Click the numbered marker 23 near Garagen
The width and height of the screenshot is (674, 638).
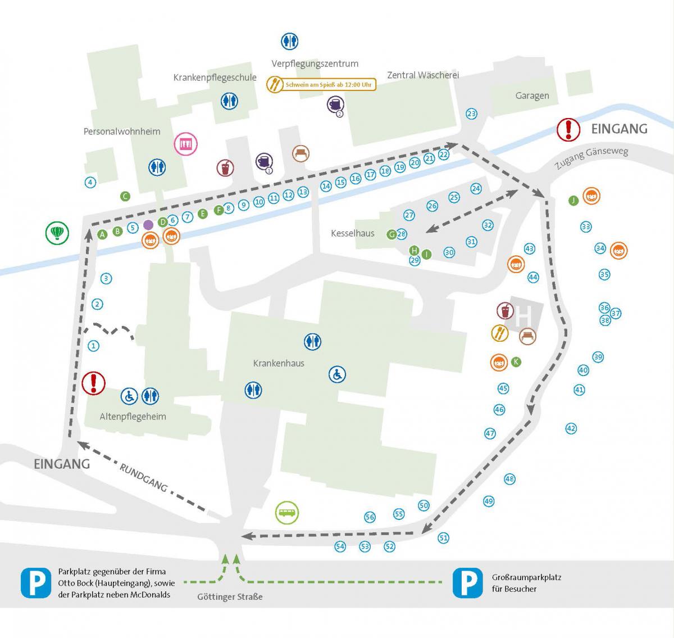pos(471,114)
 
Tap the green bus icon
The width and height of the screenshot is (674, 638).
pos(287,513)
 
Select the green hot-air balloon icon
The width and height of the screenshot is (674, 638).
pos(57,233)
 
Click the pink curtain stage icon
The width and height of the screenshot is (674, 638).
pos(185,143)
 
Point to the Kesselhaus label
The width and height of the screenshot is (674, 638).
pos(352,233)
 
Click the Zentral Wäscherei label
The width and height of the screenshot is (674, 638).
pos(423,75)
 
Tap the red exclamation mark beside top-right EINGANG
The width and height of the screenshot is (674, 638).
pos(568,129)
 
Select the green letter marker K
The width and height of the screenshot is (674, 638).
pos(516,362)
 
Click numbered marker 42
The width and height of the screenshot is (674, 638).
pos(571,428)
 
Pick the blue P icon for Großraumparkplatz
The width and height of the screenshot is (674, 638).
pos(468,583)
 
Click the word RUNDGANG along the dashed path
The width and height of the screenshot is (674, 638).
pos(143,477)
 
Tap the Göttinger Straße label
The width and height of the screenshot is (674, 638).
pos(230,596)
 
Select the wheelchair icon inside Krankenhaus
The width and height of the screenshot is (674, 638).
pos(337,374)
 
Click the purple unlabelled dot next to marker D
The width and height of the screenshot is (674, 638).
pos(148,225)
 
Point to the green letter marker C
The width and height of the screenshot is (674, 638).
pos(125,196)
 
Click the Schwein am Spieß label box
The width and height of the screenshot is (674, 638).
pos(321,84)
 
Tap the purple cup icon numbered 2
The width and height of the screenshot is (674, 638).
pos(335,105)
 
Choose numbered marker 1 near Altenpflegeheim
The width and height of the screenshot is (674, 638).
pos(93,346)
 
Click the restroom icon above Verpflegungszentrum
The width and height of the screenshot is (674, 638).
pos(289,41)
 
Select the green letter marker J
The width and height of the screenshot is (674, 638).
pos(573,201)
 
